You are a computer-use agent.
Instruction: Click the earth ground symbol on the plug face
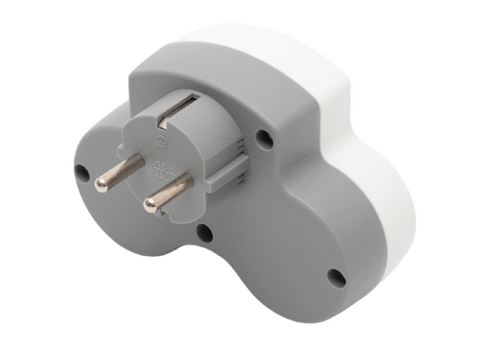[160, 141]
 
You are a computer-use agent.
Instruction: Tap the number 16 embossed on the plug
[161, 164]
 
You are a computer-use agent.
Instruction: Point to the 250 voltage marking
[163, 175]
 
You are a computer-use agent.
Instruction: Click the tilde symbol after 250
[173, 174]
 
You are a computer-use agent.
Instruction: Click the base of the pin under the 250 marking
[186, 181]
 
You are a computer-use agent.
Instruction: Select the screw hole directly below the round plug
[204, 233]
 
